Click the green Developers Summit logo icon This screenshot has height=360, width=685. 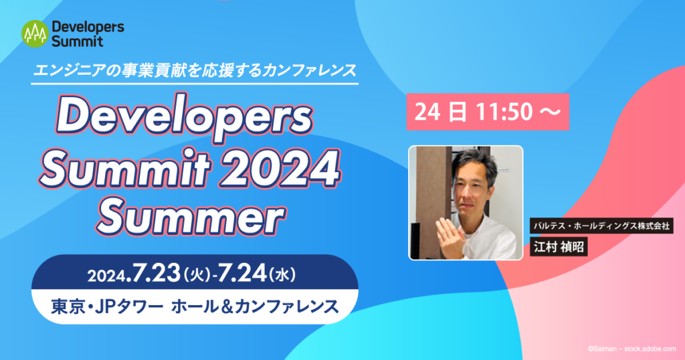pos(35,33)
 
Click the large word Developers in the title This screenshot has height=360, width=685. pos(185,118)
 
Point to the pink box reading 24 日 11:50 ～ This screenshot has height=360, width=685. pos(488,112)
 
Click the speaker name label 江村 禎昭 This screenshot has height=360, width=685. pos(559,247)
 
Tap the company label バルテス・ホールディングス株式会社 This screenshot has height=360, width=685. pos(602,226)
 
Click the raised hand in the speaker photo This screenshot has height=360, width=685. pos(450,236)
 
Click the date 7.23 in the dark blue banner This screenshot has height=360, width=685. pos(156,274)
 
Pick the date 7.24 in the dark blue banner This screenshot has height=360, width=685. pos(241,274)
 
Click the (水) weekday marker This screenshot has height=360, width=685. pos(282,275)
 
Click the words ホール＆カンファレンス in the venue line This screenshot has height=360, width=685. pos(255,306)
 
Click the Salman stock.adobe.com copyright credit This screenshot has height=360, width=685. pos(631,349)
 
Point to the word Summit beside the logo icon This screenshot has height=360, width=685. pos(78,41)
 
